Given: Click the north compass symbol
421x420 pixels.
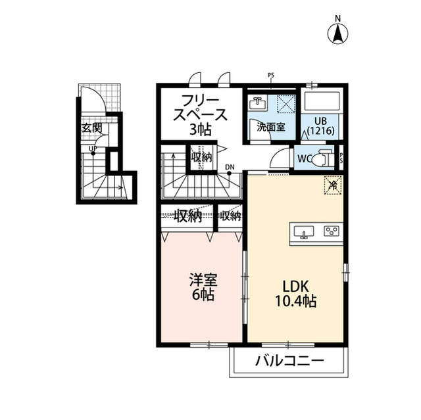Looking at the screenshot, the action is [337, 34].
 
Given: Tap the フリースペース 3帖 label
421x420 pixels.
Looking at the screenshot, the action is [200, 115].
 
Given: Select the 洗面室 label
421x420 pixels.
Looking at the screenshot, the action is [270, 127].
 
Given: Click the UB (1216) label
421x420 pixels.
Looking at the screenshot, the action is [321, 126].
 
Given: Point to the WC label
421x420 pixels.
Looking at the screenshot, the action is [304, 159].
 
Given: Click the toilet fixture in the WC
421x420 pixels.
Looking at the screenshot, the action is [323, 158].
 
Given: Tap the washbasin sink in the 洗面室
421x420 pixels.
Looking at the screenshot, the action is [258, 103].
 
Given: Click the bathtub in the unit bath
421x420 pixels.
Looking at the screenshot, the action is [322, 101].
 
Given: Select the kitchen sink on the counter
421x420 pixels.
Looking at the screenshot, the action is [304, 231].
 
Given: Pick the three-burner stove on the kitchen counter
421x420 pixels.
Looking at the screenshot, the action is [332, 231].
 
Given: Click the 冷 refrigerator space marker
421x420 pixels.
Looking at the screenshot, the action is [333, 185].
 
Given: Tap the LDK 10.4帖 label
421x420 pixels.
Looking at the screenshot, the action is [295, 294].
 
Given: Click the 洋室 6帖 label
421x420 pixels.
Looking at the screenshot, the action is [203, 287].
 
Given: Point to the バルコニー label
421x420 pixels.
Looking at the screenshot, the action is [289, 361].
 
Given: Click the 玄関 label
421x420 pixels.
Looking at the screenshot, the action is [91, 128].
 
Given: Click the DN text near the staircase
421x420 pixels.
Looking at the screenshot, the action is [230, 168].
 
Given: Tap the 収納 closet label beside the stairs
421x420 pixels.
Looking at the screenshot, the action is [202, 157].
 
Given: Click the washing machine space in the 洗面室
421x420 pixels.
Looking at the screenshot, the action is [285, 104].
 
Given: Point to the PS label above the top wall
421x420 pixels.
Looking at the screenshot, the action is [270, 76].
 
